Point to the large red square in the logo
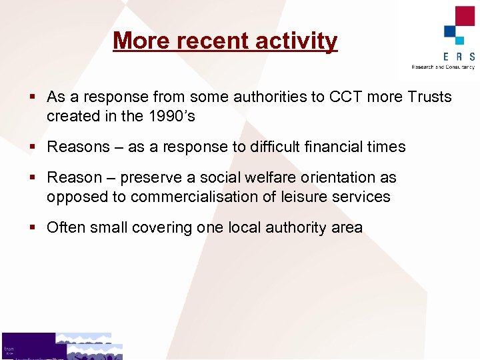(x=464, y=16)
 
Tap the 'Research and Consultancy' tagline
(x=443, y=67)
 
